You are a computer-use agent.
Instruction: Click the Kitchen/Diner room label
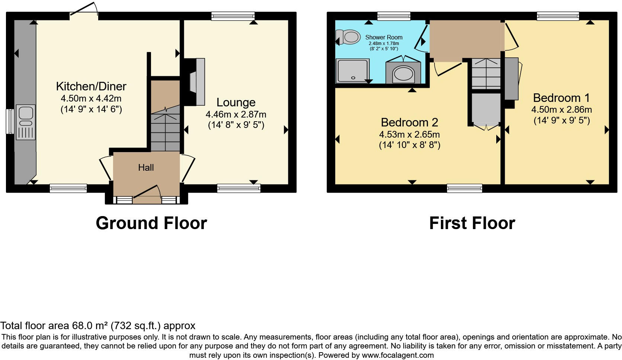91,86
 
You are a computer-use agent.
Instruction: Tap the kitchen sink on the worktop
26,113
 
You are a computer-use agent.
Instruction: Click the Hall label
146,168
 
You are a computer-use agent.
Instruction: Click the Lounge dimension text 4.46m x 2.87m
236,114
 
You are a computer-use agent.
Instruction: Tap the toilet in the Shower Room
349,37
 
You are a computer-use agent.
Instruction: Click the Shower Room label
384,37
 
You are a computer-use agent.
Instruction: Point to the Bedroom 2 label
409,122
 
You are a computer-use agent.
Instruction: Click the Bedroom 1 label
561,98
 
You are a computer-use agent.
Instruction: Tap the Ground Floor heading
151,223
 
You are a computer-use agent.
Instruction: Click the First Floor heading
472,223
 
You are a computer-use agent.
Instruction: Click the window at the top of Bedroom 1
558,16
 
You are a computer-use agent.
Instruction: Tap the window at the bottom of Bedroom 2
464,188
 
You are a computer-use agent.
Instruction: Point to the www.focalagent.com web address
398,355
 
